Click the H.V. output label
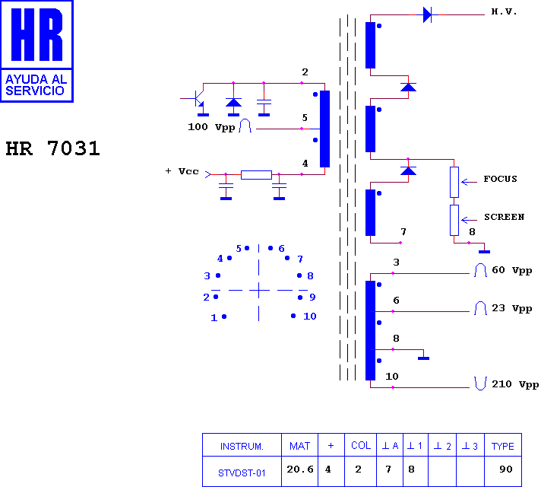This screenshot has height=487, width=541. coord(504,11)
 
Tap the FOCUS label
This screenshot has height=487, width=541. coord(500,179)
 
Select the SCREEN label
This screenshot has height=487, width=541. coord(504,217)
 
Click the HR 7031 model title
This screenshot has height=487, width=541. coord(52,148)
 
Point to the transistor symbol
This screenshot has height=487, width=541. coord(198,99)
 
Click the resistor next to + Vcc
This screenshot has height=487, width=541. coord(256,175)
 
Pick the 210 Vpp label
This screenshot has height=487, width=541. coord(515,384)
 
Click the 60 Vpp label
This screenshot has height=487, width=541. coord(511,270)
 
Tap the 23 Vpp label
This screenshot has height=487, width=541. coord(511,308)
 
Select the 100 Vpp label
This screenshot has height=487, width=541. coord(211,127)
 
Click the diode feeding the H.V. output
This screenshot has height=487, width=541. coord(427,15)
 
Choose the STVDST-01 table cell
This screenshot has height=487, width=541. coord(242,473)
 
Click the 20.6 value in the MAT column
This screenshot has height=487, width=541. coord(300,469)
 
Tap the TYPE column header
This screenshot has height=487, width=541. coord(503,446)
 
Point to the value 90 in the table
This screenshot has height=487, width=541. coord(506,469)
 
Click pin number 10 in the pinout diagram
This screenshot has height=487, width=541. coord(310,317)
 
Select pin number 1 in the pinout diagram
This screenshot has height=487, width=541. coord(214,317)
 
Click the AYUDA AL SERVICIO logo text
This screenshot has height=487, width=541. coord(36,85)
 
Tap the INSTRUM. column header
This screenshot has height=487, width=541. coord(242,447)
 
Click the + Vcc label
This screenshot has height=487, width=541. coord(182,171)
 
